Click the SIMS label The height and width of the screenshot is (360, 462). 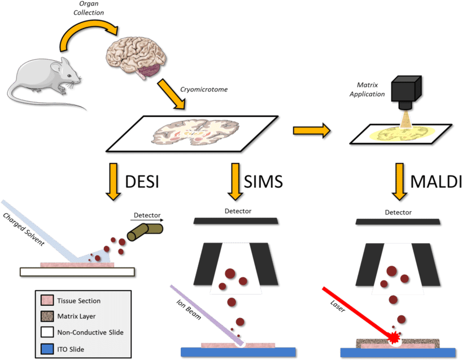tap(263, 181)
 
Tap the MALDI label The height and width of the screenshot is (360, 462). tap(436, 181)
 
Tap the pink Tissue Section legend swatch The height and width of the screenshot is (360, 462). tap(47, 301)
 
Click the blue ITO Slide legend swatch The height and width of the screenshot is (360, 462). tap(47, 349)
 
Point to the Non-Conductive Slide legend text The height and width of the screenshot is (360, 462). tap(91, 333)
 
